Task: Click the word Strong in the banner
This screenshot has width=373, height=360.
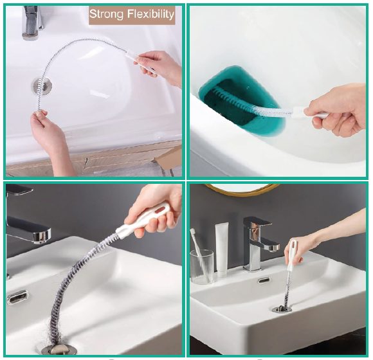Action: [106, 14]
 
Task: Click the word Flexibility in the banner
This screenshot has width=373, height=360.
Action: [150, 14]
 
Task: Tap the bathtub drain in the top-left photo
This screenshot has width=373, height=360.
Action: [42, 86]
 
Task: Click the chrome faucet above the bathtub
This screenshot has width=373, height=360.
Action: [33, 22]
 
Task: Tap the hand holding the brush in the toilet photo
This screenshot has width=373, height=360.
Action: [338, 111]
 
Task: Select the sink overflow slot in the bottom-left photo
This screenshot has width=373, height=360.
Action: [18, 296]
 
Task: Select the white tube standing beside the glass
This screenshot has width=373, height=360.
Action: [222, 249]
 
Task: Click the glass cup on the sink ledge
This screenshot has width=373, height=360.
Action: [202, 267]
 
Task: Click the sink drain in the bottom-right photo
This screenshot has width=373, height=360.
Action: [282, 309]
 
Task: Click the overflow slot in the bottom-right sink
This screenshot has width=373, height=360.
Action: [264, 280]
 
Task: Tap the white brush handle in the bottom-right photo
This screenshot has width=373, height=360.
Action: [291, 256]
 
